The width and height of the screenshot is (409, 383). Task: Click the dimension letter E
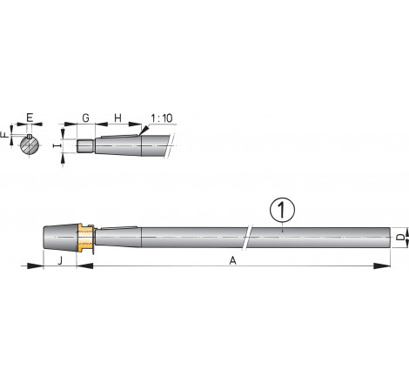pos(30,118)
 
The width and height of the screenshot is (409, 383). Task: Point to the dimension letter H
pos(117,118)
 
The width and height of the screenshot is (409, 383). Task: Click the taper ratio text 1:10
pos(160,118)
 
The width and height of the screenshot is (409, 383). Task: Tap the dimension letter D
pos(400,237)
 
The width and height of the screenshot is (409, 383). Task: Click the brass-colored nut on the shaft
pos(83,238)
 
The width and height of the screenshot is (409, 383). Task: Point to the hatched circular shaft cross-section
pos(30,144)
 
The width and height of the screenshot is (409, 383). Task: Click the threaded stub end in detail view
pos(84,146)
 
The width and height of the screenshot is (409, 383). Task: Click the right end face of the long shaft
pos(386,238)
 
